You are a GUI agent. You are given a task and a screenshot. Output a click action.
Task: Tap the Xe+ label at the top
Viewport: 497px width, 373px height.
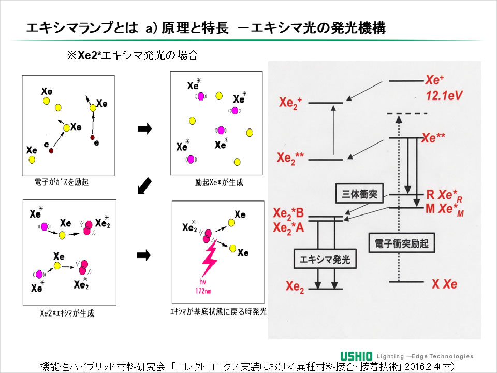click(435, 80)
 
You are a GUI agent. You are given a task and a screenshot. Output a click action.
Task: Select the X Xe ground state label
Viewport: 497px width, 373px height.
click(444, 284)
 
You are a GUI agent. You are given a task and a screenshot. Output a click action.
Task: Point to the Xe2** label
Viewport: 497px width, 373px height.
click(291, 158)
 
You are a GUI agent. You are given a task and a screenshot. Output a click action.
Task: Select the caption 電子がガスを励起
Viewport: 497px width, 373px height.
click(61, 182)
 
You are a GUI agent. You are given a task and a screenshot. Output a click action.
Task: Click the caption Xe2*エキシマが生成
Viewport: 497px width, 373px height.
click(67, 313)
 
